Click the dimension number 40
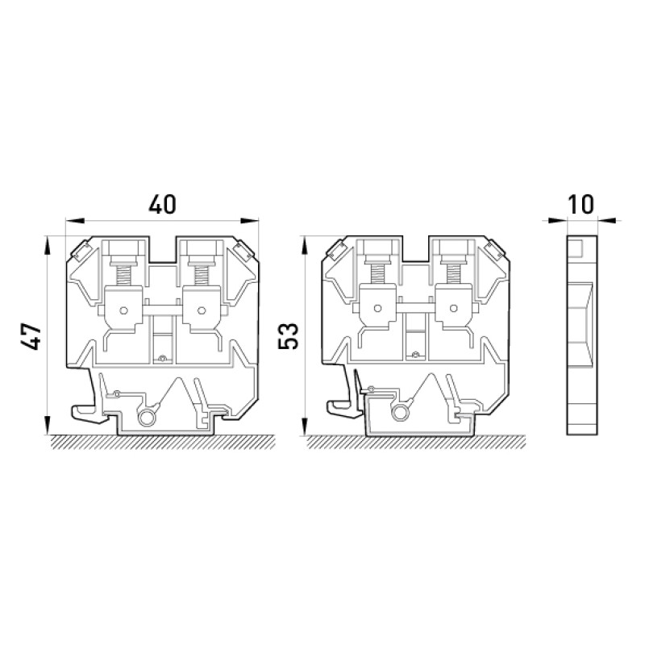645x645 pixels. coord(162,205)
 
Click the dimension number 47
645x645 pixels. coord(31,336)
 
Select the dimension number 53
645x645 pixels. coord(288,336)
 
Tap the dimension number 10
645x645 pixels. coord(581,205)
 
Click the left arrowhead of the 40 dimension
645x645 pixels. coord(75,221)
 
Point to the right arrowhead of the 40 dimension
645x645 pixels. coord(250,221)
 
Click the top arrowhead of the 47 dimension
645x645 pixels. coord(48,246)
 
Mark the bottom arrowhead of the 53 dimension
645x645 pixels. coord(305,426)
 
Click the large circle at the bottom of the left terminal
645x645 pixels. coord(146,418)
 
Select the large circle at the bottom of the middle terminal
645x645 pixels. coord(400,413)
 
